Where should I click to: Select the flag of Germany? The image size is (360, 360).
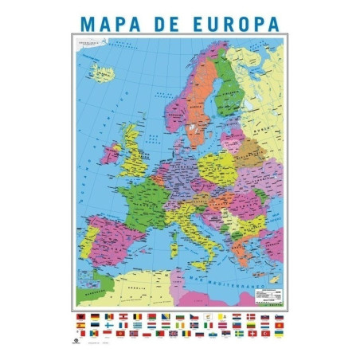95,316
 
